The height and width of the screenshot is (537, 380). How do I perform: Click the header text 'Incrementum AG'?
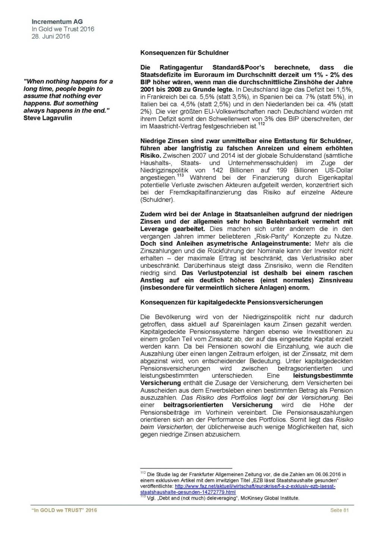[57, 22]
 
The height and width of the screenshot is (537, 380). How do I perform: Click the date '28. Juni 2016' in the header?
[51, 36]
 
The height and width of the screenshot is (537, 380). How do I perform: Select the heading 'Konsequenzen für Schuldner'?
[184, 53]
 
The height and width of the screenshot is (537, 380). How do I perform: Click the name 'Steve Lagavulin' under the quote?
[48, 118]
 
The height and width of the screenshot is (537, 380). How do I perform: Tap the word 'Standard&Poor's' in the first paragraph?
[238, 67]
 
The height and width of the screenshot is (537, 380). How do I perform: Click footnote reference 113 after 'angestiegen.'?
[180, 176]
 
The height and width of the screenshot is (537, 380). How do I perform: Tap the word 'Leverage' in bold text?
[154, 229]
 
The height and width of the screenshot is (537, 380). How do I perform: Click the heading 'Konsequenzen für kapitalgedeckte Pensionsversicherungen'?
[231, 302]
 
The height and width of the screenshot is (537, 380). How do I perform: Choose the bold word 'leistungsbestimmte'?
[323, 376]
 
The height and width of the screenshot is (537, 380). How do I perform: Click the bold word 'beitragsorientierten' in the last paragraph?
[193, 405]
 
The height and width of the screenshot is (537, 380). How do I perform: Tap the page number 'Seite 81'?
[339, 510]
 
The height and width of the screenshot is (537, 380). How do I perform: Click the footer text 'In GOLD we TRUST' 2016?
[64, 510]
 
